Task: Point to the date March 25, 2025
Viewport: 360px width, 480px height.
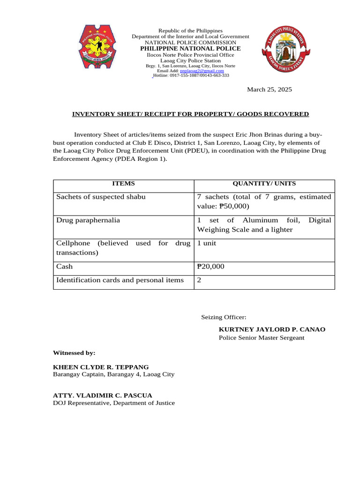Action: pos(270,90)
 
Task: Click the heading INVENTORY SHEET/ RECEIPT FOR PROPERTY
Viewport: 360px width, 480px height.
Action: pos(190,114)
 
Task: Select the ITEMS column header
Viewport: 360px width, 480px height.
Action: pos(123,184)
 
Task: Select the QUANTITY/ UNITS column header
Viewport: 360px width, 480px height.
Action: pos(264,184)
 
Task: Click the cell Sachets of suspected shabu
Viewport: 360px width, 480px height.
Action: pos(101,197)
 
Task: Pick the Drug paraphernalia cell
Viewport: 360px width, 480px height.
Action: pos(88,220)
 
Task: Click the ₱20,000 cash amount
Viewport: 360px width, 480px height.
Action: pos(211,267)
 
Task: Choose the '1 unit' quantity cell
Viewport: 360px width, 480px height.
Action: pos(207,244)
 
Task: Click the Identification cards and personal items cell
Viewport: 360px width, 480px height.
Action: pos(120,280)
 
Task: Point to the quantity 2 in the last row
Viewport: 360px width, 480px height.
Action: pos(199,280)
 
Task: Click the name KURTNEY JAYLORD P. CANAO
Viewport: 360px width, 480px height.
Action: pos(272,330)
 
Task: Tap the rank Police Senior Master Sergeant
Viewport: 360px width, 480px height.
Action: pos(262,338)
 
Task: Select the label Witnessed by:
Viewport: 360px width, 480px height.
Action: pos(74,352)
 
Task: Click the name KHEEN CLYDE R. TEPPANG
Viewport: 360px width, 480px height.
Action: pos(101,367)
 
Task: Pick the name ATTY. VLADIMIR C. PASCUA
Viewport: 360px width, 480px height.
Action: pos(102,395)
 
